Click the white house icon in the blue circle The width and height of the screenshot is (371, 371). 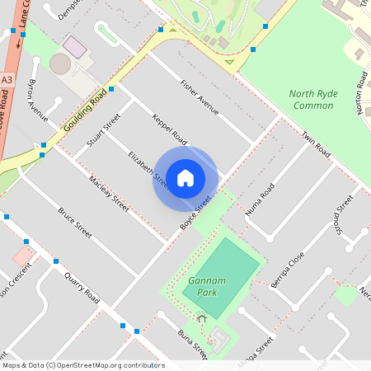point(185,178)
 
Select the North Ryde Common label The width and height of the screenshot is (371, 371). point(312,99)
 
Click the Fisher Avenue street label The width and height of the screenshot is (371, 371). point(200,97)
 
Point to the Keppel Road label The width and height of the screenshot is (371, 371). point(170,132)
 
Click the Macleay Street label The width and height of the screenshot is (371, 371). point(109,193)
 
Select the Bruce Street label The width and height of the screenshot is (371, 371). point(75,223)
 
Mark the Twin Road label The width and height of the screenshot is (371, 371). point(316,145)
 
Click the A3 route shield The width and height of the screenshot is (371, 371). point(7,79)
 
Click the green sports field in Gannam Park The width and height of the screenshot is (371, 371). point(223,277)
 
